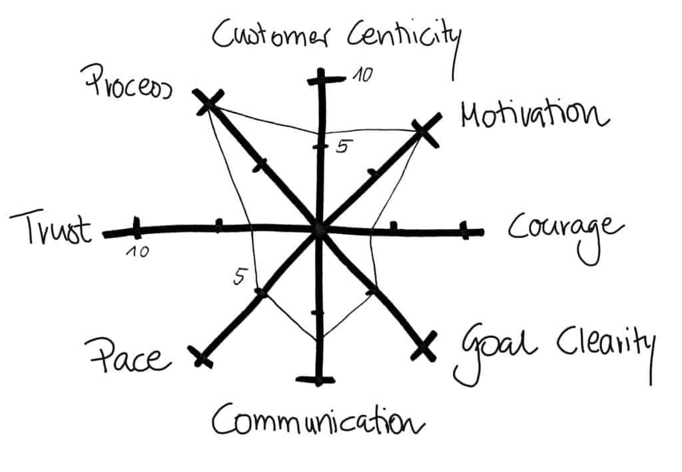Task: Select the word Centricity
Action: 404,40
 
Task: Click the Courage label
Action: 565,230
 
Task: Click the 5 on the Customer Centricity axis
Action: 342,147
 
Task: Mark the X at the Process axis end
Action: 207,102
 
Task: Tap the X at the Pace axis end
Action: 202,357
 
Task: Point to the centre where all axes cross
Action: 318,230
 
